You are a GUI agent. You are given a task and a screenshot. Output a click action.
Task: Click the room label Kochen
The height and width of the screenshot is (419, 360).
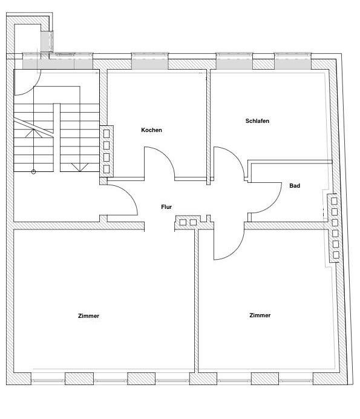click(x=151, y=130)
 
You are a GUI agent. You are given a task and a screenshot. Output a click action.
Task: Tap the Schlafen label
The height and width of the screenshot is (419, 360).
click(x=257, y=121)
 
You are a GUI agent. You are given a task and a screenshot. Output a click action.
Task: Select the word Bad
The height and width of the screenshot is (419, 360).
click(x=295, y=186)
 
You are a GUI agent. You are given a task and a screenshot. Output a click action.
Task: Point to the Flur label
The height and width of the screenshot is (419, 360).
click(x=166, y=207)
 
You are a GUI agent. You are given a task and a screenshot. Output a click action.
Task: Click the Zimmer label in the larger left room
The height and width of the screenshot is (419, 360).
click(x=88, y=316)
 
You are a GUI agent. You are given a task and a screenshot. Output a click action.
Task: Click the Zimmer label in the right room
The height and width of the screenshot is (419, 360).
click(x=260, y=315)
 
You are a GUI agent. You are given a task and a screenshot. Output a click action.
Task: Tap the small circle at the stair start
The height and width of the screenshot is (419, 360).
click(x=33, y=172)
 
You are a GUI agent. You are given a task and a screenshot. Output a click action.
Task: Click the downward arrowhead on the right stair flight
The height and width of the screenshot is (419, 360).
click(x=80, y=167)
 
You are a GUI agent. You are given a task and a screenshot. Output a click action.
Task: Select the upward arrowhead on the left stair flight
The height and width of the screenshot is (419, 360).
click(x=33, y=133)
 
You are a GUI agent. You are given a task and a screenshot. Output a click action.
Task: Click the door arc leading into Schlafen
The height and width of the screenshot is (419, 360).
click(x=235, y=156)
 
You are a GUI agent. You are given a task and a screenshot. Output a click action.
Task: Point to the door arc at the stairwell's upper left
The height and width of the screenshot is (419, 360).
click(x=33, y=88)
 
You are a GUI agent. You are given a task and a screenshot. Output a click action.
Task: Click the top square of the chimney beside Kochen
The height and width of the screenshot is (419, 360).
click(x=106, y=134)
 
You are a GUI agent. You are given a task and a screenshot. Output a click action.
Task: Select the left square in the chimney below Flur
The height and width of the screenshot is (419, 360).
click(x=183, y=222)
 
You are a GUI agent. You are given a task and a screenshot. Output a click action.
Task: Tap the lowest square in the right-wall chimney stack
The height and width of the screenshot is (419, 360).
click(x=336, y=255)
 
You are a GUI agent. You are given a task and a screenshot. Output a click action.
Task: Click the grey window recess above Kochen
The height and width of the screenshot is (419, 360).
click(x=150, y=64)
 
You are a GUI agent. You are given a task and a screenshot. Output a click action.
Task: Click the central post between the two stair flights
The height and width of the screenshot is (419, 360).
click(x=57, y=137)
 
